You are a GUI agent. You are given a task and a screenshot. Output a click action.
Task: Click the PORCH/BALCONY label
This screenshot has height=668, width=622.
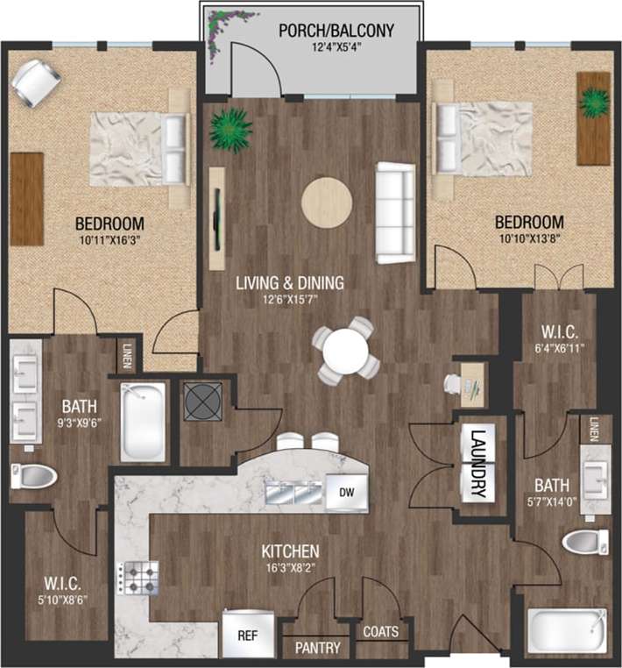[336, 31]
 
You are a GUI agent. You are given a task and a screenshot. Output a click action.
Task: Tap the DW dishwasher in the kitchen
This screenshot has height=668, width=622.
[343, 493]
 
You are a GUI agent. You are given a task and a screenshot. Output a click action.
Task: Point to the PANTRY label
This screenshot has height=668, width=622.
[317, 648]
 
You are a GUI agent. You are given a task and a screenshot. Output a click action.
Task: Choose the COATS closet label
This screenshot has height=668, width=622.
[381, 631]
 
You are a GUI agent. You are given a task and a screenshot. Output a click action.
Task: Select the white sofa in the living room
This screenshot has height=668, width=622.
[395, 212]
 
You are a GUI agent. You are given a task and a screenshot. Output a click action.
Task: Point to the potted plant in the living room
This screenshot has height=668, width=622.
[231, 130]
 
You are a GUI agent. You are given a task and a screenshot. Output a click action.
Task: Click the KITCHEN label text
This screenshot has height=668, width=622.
[290, 551]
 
